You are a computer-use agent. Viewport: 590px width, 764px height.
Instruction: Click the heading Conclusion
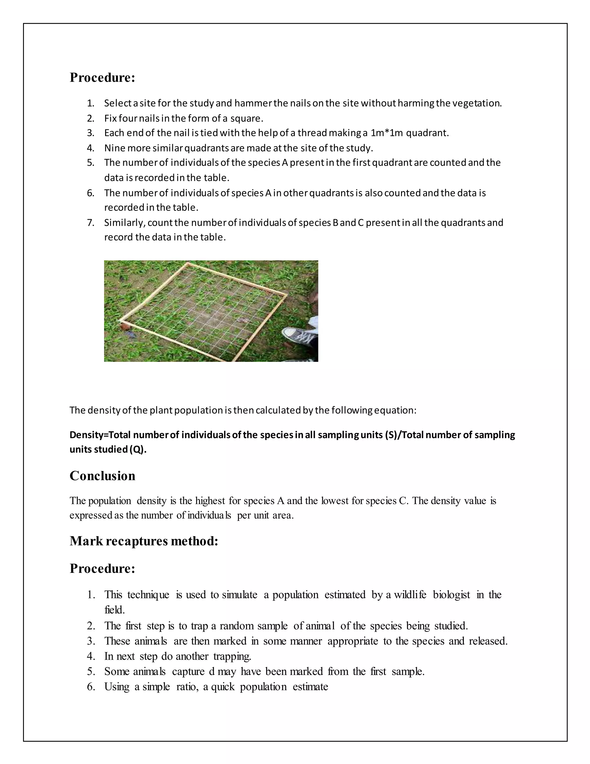point(102,476)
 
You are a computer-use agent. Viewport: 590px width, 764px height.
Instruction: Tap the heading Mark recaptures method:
point(144,541)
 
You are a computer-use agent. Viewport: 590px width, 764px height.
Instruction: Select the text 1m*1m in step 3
point(387,133)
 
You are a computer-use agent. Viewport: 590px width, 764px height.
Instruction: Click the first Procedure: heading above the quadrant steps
point(102,77)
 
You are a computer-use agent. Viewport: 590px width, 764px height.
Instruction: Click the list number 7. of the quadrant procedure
point(91,223)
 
